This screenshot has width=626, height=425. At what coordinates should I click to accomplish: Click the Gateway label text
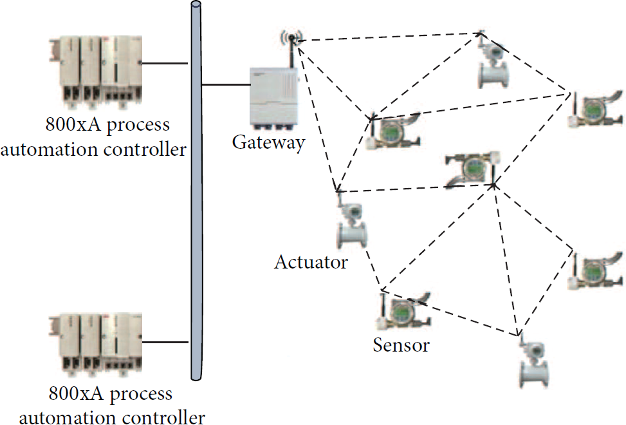click(269, 143)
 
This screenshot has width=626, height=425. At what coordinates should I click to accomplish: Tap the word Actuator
click(311, 262)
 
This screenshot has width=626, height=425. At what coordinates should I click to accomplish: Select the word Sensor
click(401, 345)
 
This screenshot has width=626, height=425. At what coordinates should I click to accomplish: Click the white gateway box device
click(274, 99)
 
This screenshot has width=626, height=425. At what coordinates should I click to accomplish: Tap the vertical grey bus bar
click(196, 191)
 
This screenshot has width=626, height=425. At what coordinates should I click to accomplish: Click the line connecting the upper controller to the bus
click(165, 63)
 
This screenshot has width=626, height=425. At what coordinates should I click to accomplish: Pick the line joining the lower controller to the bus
click(165, 343)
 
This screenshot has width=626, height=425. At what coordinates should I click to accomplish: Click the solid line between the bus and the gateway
click(226, 85)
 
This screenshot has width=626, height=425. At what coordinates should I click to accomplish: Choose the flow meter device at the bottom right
click(534, 363)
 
